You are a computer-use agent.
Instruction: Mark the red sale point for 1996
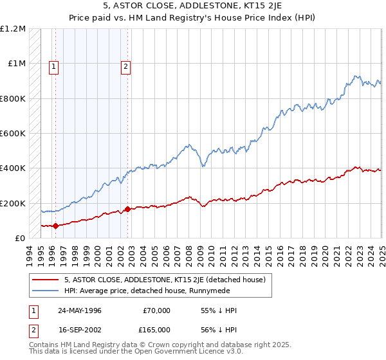point(55,226)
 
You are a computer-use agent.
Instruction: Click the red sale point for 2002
point(127,209)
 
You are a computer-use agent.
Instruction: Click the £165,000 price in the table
point(155,328)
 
